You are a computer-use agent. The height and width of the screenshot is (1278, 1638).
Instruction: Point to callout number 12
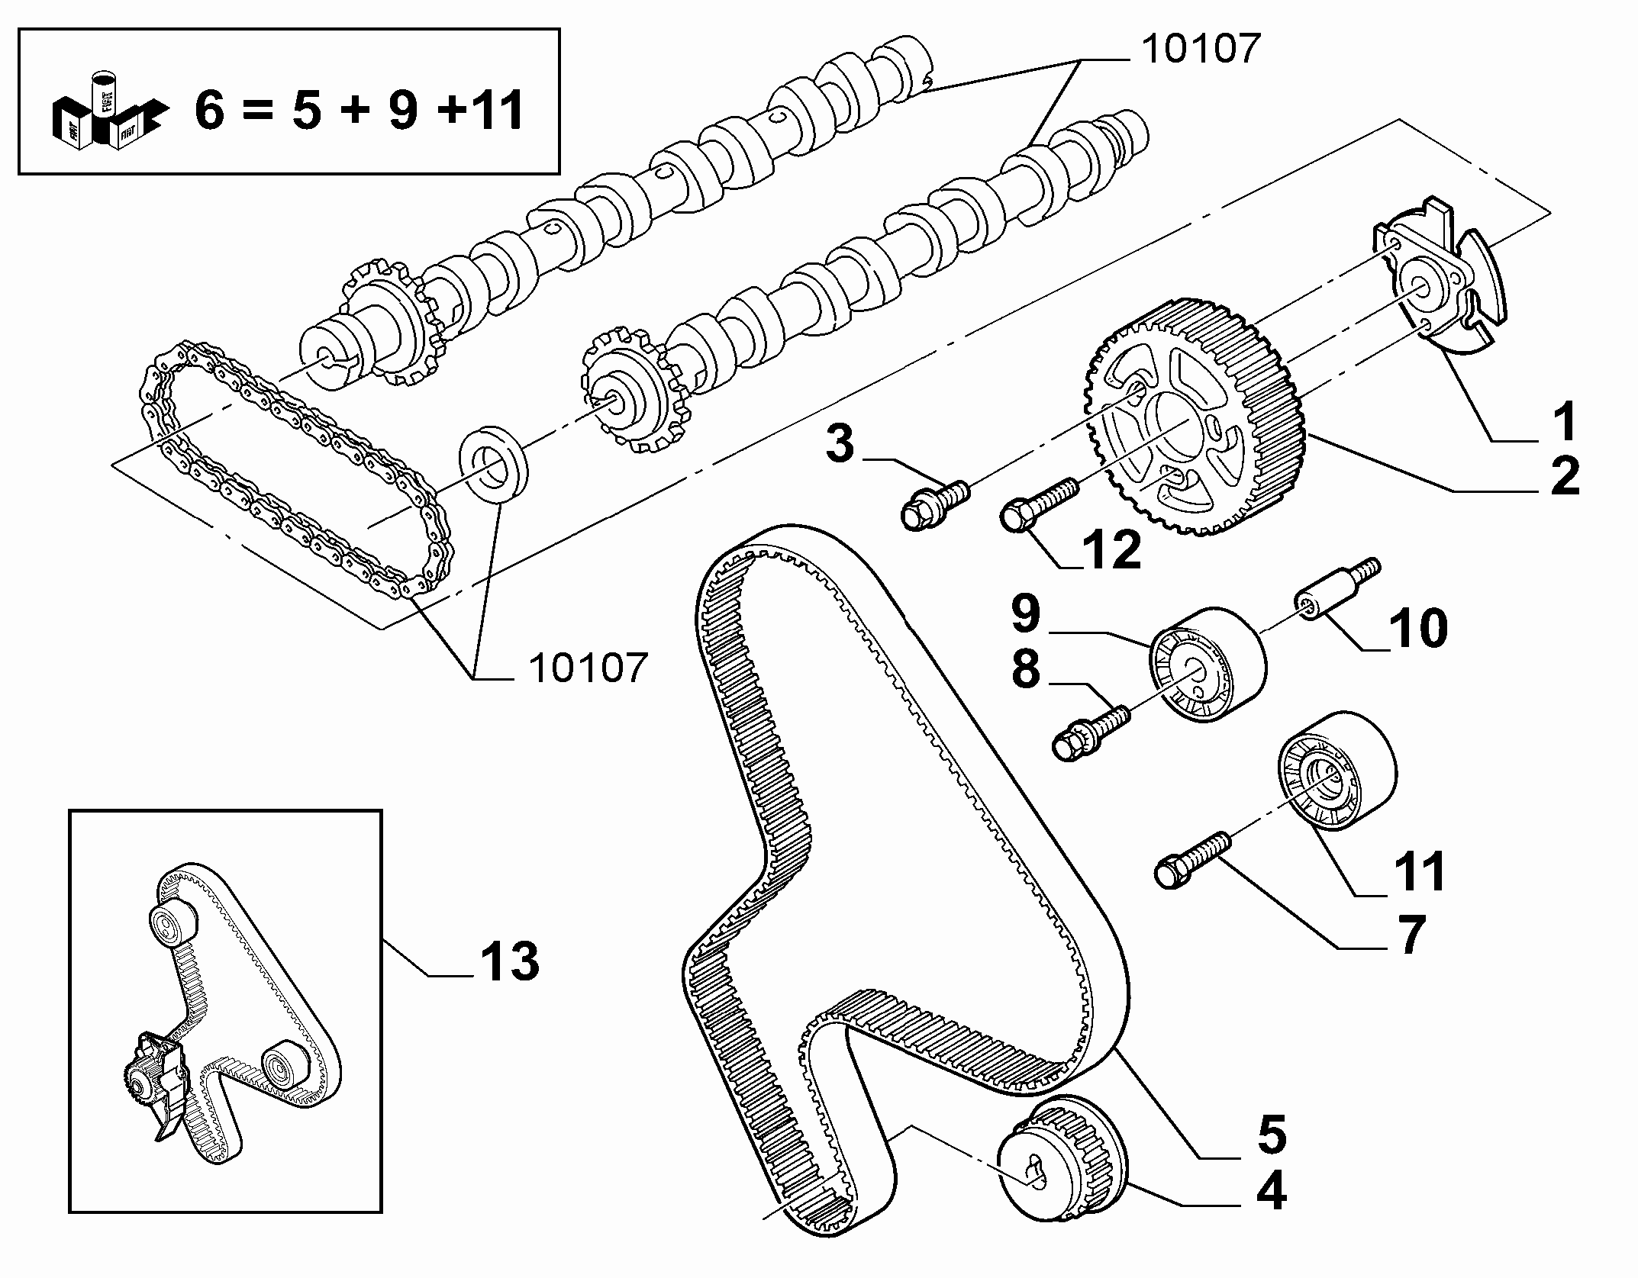pyautogui.click(x=1111, y=548)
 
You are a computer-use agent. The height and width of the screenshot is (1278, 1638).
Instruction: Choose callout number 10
pyautogui.click(x=1417, y=627)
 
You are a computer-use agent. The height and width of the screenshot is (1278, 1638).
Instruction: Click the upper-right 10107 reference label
pyautogui.click(x=1200, y=49)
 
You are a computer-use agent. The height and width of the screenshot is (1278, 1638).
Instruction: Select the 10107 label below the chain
pyautogui.click(x=588, y=668)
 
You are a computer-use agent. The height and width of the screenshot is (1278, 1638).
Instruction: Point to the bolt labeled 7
pyautogui.click(x=1195, y=859)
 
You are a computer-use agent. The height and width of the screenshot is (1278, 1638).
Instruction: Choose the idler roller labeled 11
pyautogui.click(x=1337, y=772)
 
